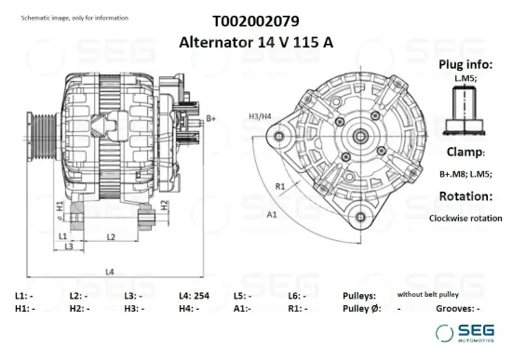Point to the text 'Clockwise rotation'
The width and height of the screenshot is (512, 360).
[465, 218]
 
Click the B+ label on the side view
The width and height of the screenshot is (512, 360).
[211, 118]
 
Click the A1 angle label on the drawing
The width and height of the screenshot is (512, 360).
[272, 214]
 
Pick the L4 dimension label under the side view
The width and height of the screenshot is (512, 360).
[110, 271]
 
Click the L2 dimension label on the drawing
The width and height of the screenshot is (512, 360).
[110, 237]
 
